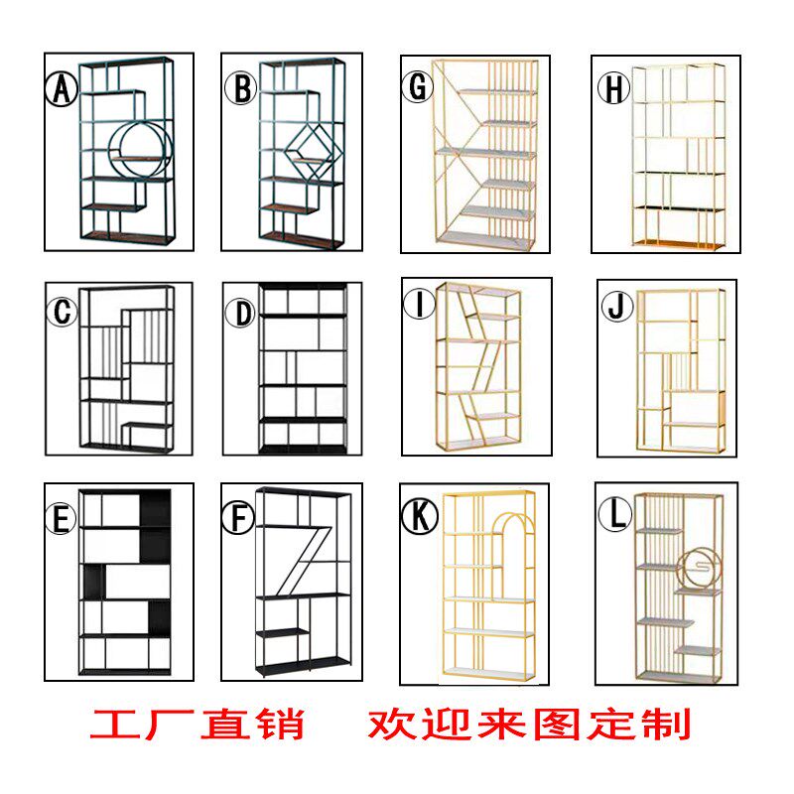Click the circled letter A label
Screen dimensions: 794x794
[62, 90]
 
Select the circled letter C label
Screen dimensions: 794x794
[63, 314]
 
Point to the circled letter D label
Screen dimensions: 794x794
[240, 314]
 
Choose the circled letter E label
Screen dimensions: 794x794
[63, 519]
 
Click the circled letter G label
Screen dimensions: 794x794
[418, 87]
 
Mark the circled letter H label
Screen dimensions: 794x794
[613, 88]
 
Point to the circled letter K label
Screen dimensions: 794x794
[417, 517]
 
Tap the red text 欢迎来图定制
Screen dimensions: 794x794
[529, 724]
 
